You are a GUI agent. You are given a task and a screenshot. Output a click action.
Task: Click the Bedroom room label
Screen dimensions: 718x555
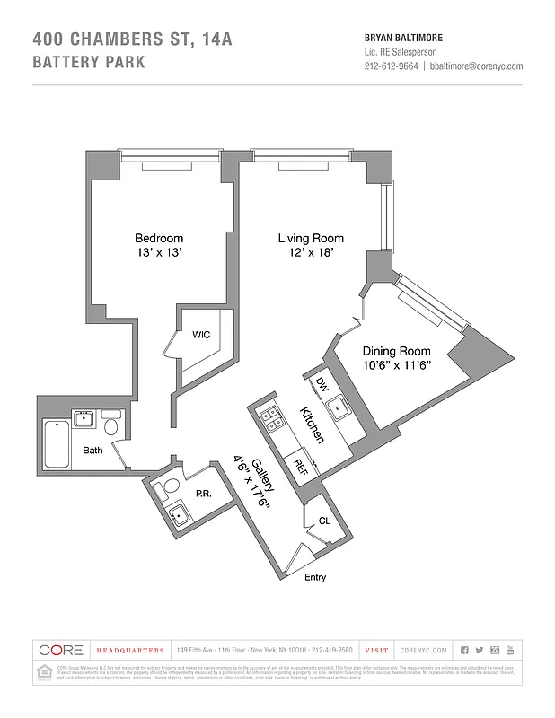click(x=159, y=238)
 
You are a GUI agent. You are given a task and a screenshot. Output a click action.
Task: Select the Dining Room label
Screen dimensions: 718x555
click(x=396, y=351)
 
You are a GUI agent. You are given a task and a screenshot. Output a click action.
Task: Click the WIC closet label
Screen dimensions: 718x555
click(x=201, y=335)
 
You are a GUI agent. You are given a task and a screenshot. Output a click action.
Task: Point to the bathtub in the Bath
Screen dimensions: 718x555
click(x=57, y=441)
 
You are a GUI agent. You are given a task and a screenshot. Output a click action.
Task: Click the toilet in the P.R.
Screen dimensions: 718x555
click(x=162, y=490)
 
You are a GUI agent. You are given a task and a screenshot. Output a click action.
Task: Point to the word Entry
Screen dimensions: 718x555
click(x=315, y=577)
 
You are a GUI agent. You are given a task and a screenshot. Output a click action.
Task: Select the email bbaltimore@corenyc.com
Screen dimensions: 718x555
click(x=476, y=66)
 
